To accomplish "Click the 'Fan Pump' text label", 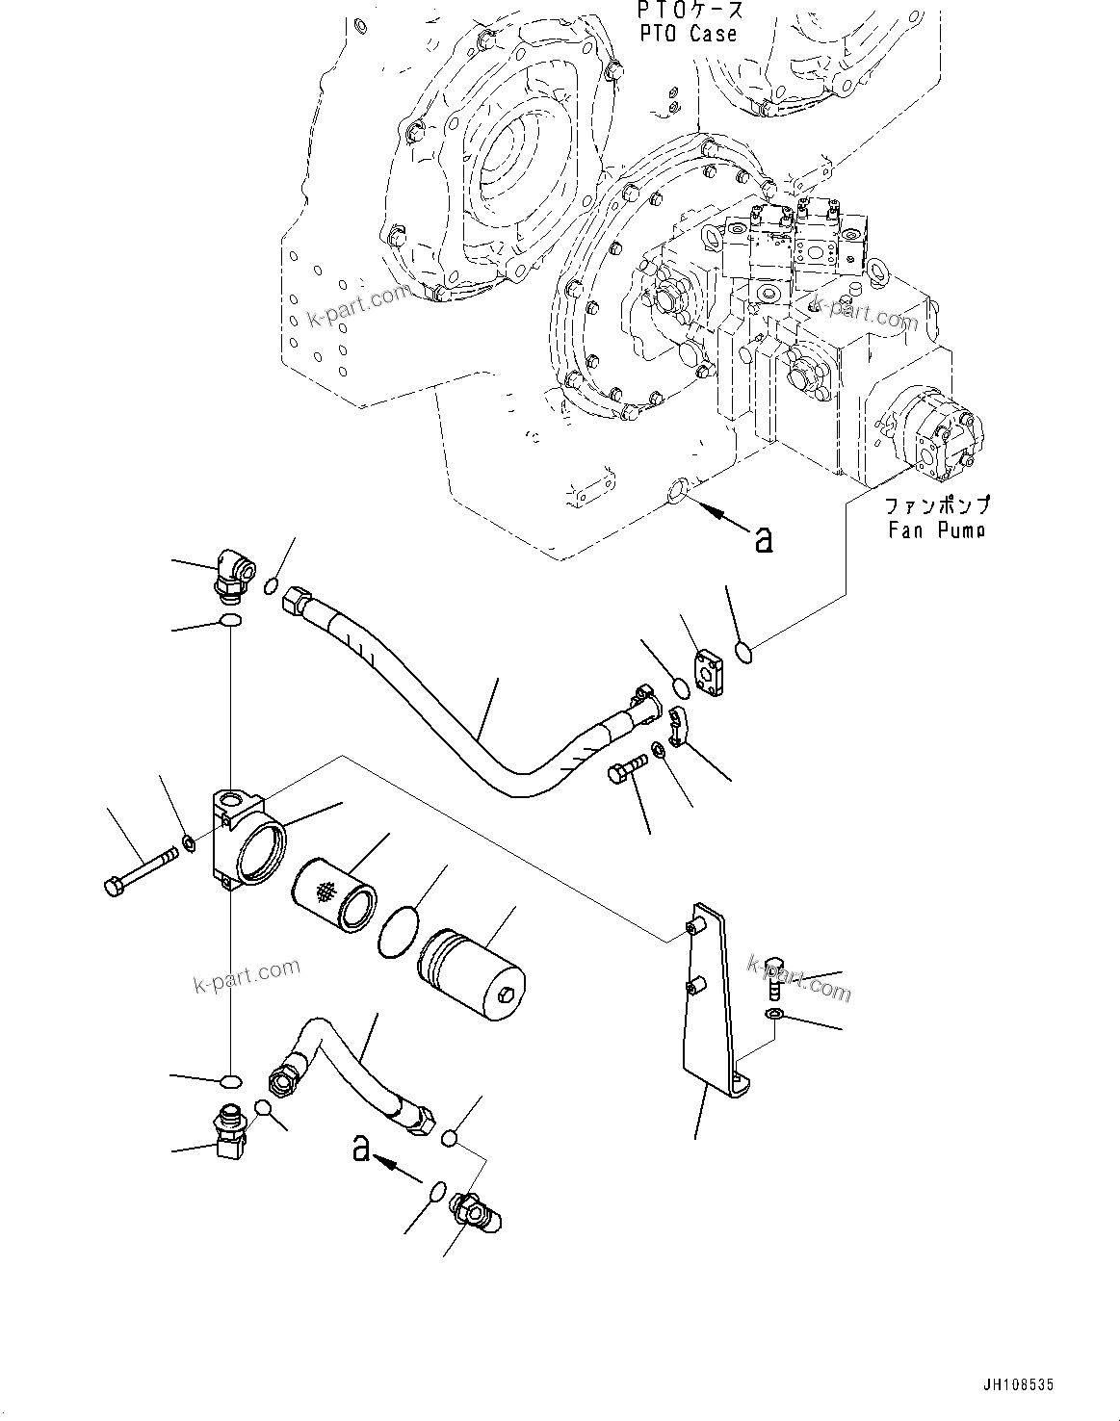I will tap(936, 530).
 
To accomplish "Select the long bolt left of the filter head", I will tap(140, 868).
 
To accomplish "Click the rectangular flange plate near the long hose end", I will tap(711, 674).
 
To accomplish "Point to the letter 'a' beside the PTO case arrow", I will tap(764, 541).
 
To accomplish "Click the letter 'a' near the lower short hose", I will tap(361, 1148).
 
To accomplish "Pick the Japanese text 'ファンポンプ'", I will tap(936, 504).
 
